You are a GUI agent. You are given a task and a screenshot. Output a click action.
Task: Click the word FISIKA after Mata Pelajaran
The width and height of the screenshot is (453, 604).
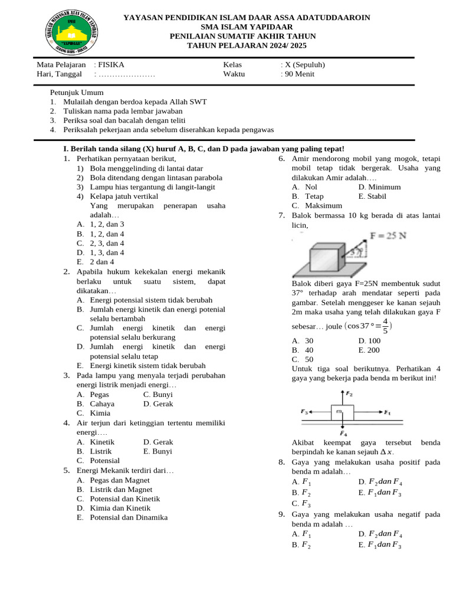(x=111, y=65)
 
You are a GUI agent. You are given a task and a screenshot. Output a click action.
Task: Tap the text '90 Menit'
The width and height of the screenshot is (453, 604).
(x=300, y=74)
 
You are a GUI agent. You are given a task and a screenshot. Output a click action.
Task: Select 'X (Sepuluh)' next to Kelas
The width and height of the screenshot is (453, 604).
(x=305, y=65)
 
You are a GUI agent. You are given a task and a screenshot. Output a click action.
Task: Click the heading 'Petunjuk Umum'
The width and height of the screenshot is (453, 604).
(x=77, y=93)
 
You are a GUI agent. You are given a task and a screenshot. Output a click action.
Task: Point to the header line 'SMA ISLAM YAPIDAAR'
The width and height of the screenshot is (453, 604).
(x=247, y=27)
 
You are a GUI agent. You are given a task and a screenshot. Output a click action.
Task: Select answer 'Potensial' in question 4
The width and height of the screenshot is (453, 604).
(x=104, y=461)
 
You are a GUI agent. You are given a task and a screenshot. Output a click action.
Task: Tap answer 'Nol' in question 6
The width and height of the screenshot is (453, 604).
(x=311, y=187)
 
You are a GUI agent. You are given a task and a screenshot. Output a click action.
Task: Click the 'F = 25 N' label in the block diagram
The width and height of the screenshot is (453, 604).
(x=388, y=236)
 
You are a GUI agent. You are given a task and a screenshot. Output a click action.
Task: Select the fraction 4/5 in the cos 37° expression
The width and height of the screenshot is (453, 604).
(x=385, y=326)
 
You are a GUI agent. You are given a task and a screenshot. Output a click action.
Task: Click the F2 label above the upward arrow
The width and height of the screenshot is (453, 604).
(x=349, y=394)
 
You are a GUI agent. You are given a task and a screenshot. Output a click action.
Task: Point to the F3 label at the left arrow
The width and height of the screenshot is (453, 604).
(x=304, y=411)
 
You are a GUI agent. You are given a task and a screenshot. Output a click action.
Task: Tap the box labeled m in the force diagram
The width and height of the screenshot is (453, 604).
(x=339, y=412)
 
